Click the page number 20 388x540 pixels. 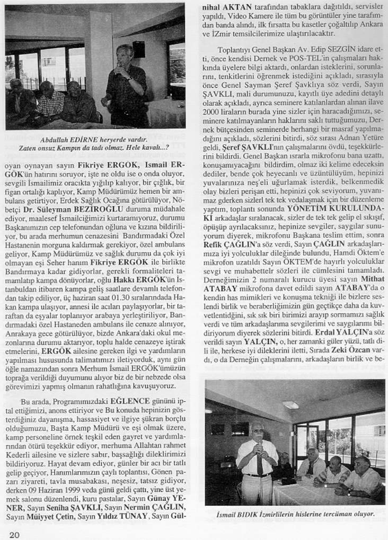(14, 534)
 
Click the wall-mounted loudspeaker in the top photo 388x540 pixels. (139, 49)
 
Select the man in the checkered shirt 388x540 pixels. (49, 101)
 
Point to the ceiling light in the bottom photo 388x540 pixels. (290, 404)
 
